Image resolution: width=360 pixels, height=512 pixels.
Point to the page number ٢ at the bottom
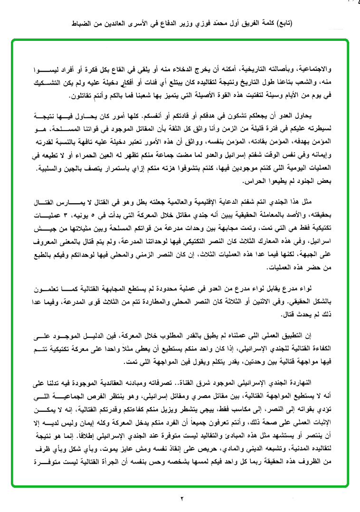coord(181,499)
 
